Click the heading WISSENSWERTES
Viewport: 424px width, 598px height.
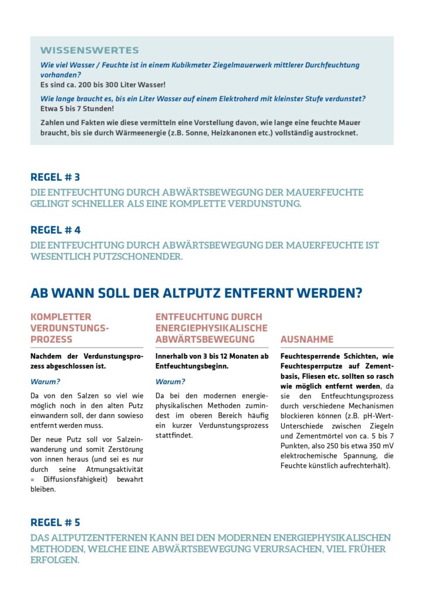point(89,50)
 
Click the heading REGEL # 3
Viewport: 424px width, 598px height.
point(55,177)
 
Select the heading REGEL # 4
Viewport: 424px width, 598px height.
point(56,230)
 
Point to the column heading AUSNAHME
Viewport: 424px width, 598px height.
point(307,339)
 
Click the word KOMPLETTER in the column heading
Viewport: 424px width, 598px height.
point(61,317)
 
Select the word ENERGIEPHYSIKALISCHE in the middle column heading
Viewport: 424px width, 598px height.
point(211,328)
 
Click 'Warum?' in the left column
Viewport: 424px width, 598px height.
point(46,382)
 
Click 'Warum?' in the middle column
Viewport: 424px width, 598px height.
point(170,382)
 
